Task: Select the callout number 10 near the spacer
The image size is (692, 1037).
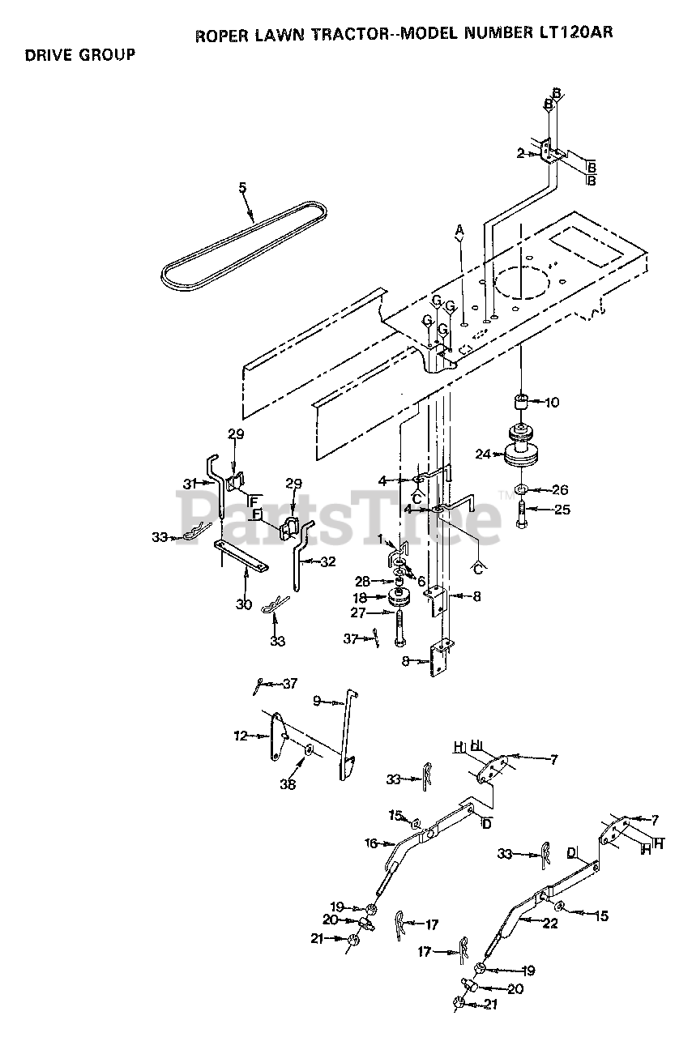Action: (552, 402)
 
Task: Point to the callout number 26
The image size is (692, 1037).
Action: (559, 489)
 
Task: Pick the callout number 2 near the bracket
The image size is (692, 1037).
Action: (520, 152)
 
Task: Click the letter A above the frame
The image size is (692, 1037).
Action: (459, 230)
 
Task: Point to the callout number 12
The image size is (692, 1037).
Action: (240, 736)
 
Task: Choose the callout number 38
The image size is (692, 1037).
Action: (288, 784)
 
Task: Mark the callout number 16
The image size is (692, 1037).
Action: (371, 843)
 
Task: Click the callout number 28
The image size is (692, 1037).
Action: (364, 581)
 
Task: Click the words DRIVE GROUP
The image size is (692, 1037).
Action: (79, 55)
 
